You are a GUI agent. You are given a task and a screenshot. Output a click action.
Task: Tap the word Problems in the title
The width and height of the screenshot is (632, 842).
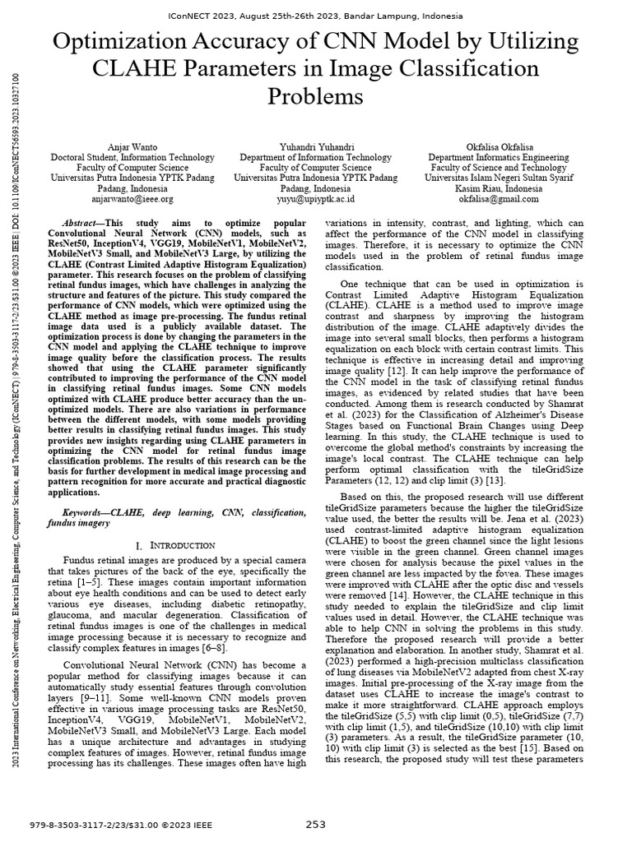(315, 96)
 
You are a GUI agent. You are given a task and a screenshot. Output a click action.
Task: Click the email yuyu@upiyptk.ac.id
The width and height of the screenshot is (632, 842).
(315, 198)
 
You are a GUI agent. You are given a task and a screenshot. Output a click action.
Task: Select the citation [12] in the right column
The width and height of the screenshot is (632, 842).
(430, 372)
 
